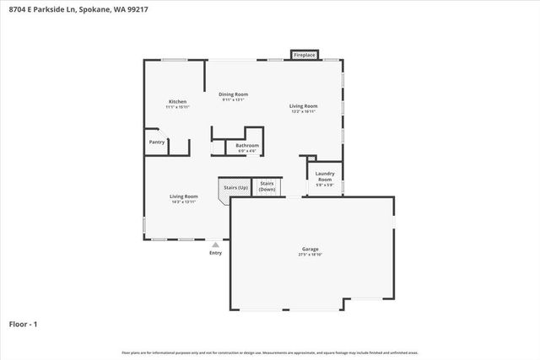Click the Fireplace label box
pos(305,55)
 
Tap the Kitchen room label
pos(176,101)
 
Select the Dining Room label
pos(233,94)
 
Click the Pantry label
pos(157,142)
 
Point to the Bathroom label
pos(247,145)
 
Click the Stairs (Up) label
pos(235,187)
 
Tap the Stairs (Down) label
pos(267,186)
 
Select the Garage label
pos(310,249)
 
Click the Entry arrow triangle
pos(215,244)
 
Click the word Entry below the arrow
pos(215,253)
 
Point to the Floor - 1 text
pos(24,324)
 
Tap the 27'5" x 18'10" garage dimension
pos(310,255)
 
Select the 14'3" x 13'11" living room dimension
pos(183,201)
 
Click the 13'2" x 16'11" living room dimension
pos(303,111)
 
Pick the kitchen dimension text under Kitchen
pos(176,107)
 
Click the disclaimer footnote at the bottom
pos(270,352)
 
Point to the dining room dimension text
pos(233,99)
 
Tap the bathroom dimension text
pos(247,151)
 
